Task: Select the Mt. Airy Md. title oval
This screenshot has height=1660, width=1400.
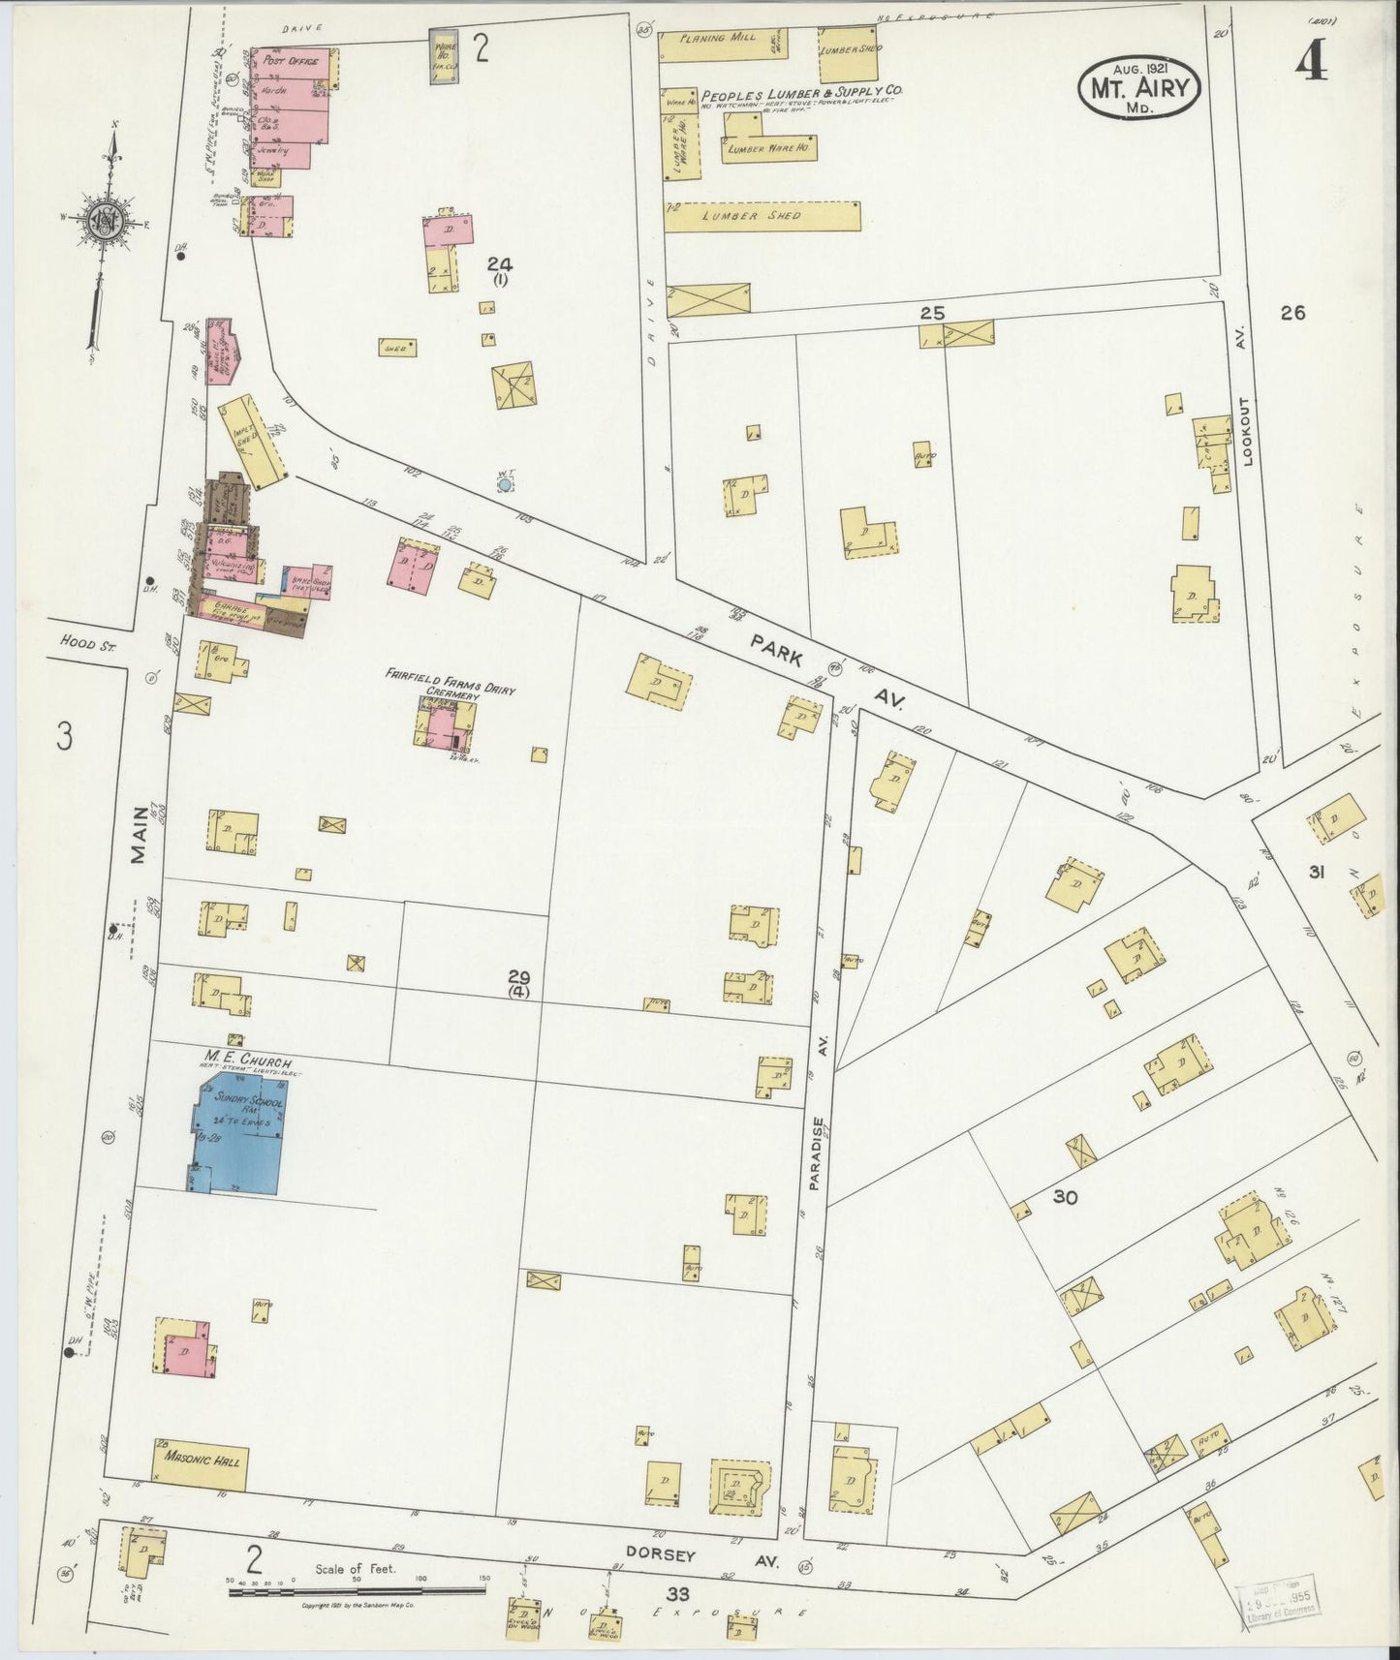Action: [1139, 88]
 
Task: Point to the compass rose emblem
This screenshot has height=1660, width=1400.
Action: [102, 223]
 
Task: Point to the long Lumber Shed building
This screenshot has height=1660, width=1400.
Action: [763, 215]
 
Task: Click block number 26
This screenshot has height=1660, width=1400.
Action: [1292, 313]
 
